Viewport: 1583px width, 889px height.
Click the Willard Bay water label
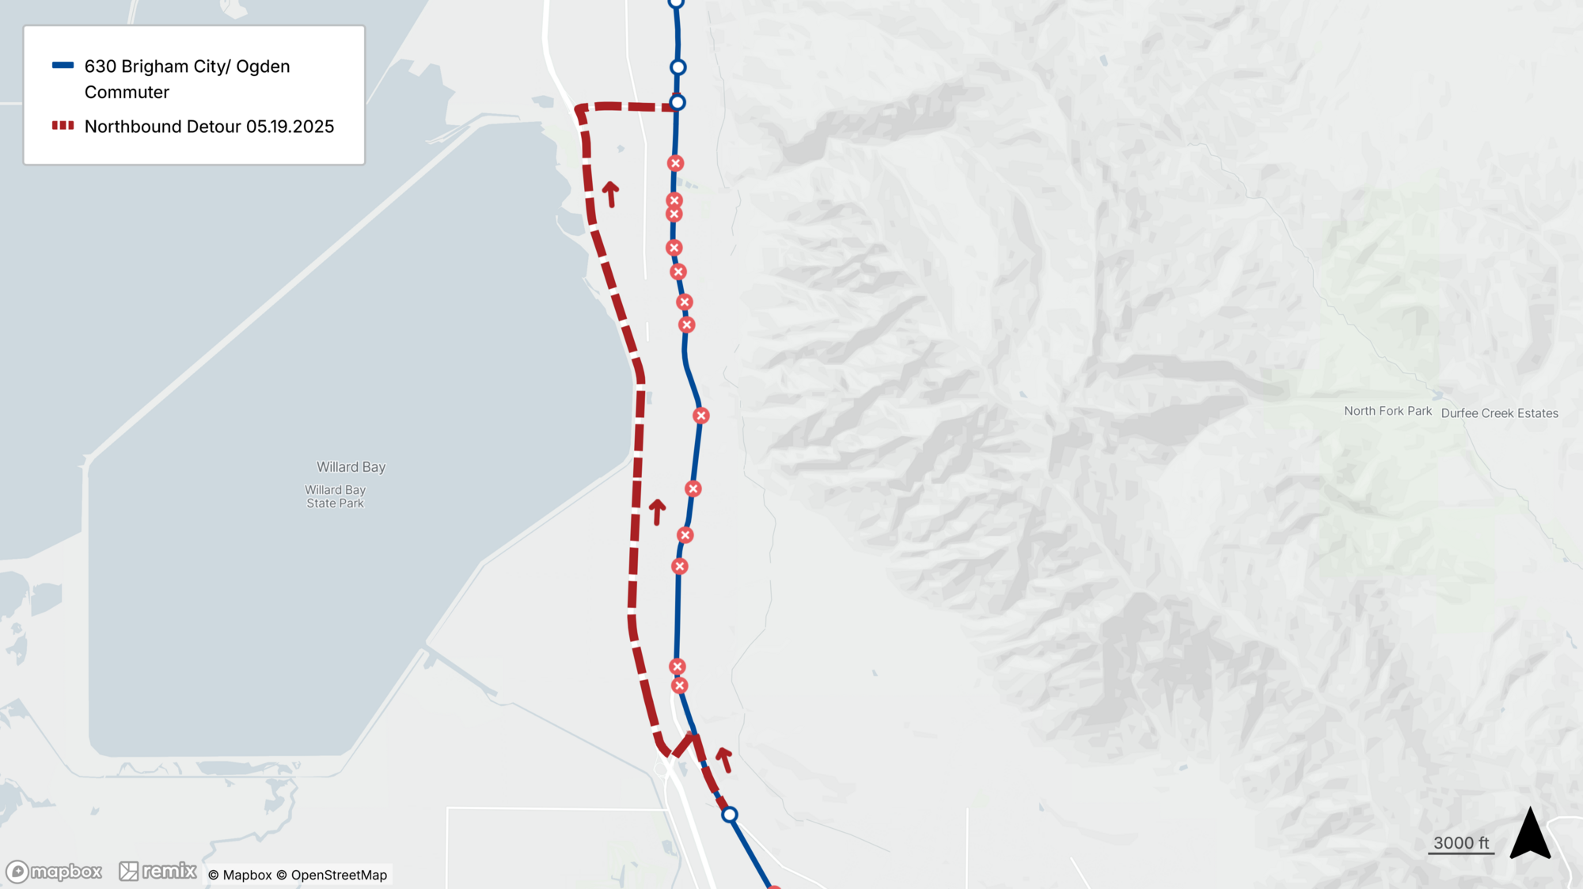[351, 467]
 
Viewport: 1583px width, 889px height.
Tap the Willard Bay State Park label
[336, 496]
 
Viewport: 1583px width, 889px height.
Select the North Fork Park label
[1387, 411]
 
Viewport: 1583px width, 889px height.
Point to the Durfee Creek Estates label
[1499, 413]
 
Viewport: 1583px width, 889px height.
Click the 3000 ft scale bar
[1461, 845]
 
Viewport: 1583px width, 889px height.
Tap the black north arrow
[1530, 834]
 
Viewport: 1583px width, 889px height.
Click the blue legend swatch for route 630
[63, 66]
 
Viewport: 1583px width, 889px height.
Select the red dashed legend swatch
[63, 126]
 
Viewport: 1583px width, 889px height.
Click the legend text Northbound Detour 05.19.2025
[209, 127]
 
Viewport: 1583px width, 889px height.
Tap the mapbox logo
[55, 872]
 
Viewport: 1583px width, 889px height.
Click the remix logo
[158, 871]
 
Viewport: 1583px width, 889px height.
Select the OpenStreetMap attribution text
[338, 875]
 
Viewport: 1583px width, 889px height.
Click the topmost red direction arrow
[610, 193]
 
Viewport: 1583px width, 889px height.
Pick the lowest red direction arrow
[723, 758]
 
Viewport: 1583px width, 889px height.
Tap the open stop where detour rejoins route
[678, 102]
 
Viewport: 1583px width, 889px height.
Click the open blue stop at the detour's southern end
[730, 814]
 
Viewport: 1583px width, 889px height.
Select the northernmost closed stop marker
[675, 163]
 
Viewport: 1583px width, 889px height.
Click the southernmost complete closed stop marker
[679, 686]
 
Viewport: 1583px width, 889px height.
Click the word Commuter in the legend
[127, 93]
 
